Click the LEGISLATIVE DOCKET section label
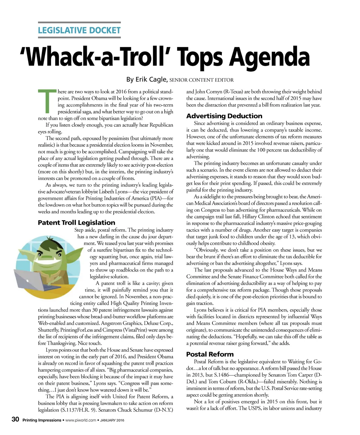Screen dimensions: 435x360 [79, 30]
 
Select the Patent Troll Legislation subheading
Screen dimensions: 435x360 [76, 223]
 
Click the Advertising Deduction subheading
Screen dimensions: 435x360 [224, 116]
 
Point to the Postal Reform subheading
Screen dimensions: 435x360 [210, 354]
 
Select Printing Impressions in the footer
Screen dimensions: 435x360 [41, 420]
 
